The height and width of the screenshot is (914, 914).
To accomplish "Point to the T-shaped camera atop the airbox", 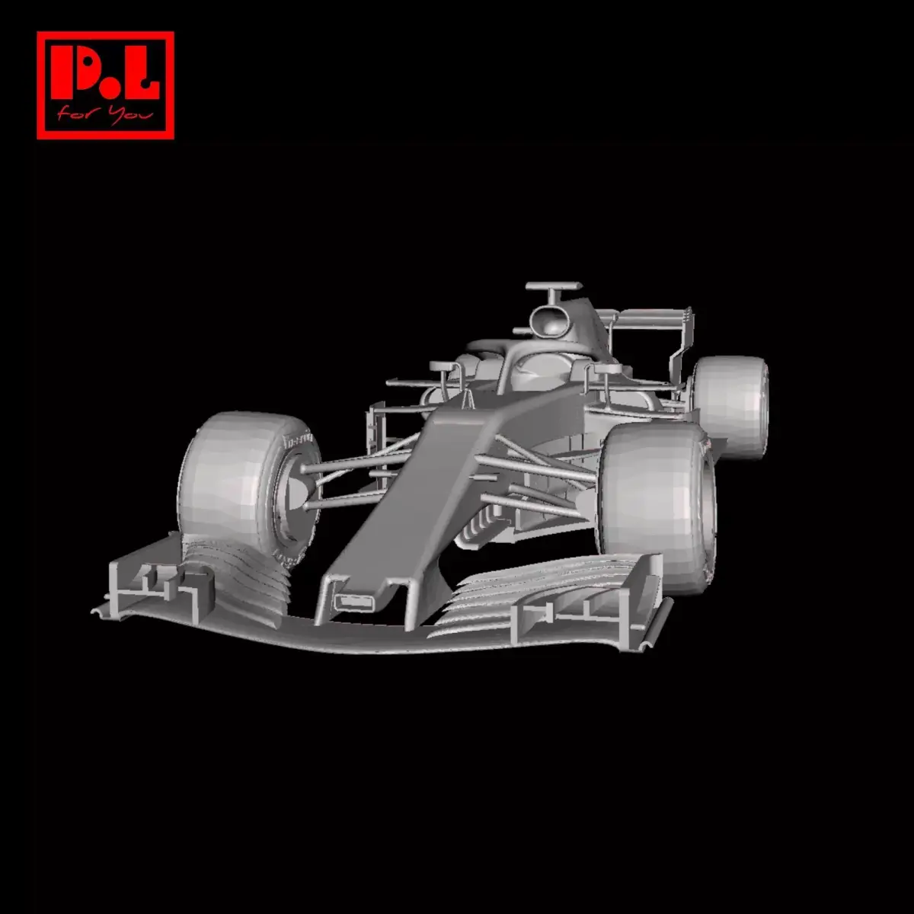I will (x=553, y=288).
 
